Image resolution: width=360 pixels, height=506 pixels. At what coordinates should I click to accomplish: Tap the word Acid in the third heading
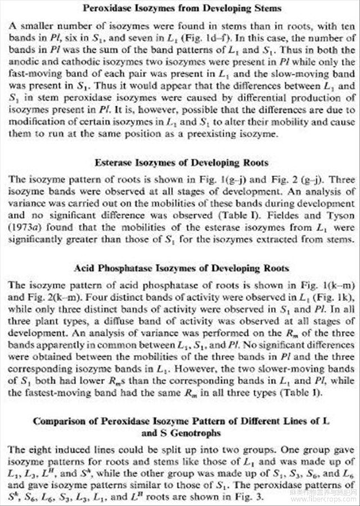84,268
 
